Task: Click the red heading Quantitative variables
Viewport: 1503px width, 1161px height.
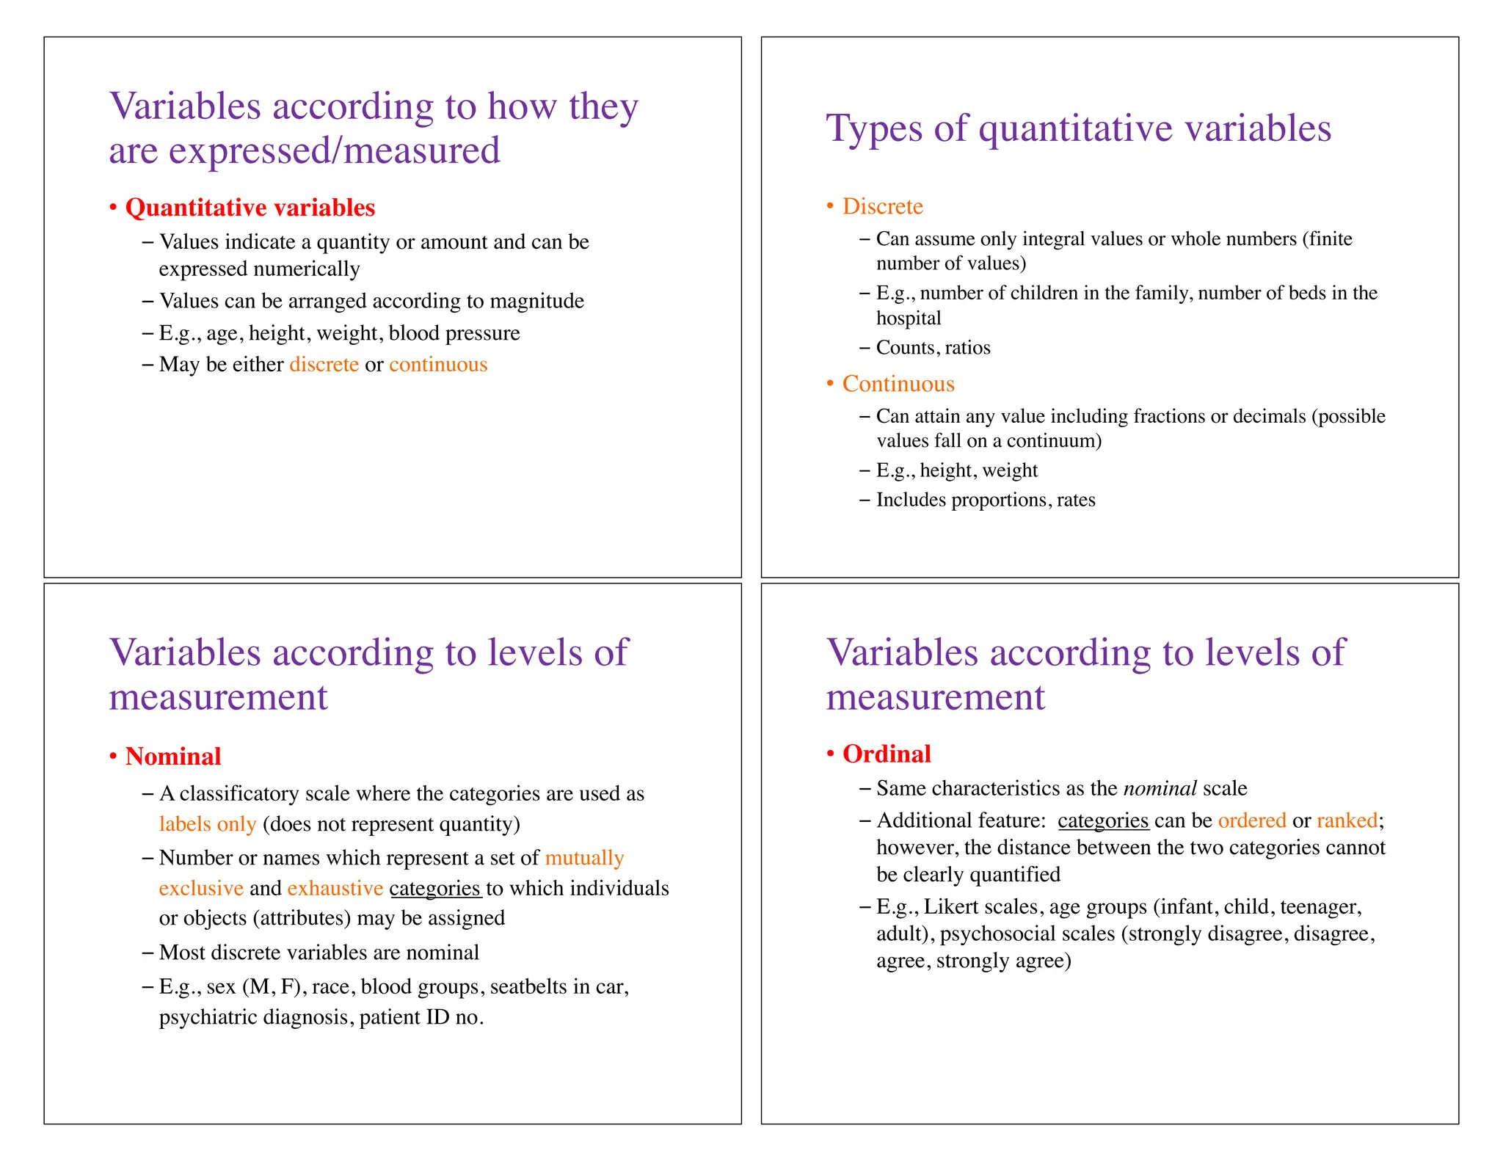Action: (x=250, y=208)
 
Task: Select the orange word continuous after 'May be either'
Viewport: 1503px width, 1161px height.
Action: (x=438, y=365)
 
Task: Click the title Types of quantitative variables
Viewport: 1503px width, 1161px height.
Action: (x=1078, y=128)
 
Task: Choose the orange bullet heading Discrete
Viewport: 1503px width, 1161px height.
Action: (x=882, y=206)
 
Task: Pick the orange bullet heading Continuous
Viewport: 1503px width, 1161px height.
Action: (x=898, y=384)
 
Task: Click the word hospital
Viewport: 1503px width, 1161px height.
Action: (x=909, y=319)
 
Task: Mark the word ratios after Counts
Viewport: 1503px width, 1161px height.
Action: (x=967, y=348)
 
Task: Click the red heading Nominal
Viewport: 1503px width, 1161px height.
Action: (x=173, y=757)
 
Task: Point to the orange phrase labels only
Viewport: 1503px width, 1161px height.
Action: (x=208, y=824)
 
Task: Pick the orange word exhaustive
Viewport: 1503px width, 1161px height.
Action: (x=335, y=889)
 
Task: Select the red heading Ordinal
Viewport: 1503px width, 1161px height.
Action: (x=887, y=754)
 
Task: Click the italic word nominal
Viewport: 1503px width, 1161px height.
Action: (x=1160, y=789)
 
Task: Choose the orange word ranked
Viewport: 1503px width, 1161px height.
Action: (x=1347, y=820)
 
